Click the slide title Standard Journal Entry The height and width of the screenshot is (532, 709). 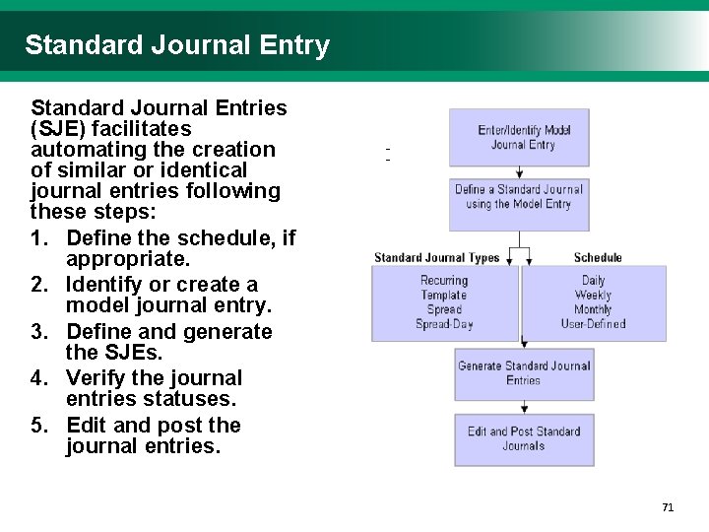tap(177, 45)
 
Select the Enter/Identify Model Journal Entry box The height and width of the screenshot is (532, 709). tap(519, 137)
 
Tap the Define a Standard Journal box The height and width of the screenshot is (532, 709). tap(519, 197)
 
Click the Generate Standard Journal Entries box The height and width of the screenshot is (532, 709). tap(524, 373)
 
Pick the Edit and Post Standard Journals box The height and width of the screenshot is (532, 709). tap(524, 438)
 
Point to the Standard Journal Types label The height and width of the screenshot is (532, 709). tap(437, 258)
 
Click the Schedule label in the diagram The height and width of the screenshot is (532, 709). tap(598, 258)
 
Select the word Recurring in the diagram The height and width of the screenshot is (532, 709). tap(444, 281)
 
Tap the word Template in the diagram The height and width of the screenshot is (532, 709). tap(444, 295)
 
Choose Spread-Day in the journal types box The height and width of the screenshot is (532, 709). tap(444, 323)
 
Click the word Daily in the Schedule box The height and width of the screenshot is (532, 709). tap(594, 281)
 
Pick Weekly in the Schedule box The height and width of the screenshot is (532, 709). tap(594, 295)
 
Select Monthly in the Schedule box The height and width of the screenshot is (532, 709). tap(594, 309)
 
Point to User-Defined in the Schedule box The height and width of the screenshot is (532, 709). tap(594, 323)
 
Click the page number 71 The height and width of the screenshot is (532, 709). tap(668, 507)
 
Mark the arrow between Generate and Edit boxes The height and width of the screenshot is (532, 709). tap(524, 407)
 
